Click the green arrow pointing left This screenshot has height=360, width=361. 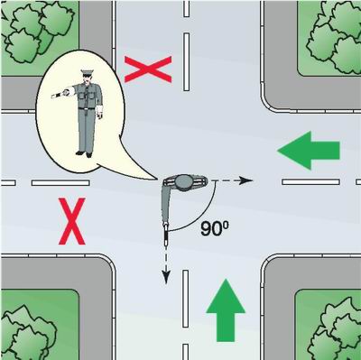coord(309,150)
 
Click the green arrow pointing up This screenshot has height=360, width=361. coord(226,310)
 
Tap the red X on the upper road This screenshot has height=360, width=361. coord(148,69)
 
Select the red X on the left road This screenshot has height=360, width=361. coord(72,221)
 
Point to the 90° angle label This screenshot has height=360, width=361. coord(214,229)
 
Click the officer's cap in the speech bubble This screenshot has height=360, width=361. coord(88,72)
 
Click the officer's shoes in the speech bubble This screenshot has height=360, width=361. coord(84,154)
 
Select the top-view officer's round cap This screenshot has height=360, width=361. coord(184,181)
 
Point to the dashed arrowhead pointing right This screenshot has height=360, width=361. coord(246,180)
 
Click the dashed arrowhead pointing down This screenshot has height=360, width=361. coord(166,277)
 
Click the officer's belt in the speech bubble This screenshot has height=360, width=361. coord(88,107)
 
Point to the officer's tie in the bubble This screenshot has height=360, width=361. coord(87,91)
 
